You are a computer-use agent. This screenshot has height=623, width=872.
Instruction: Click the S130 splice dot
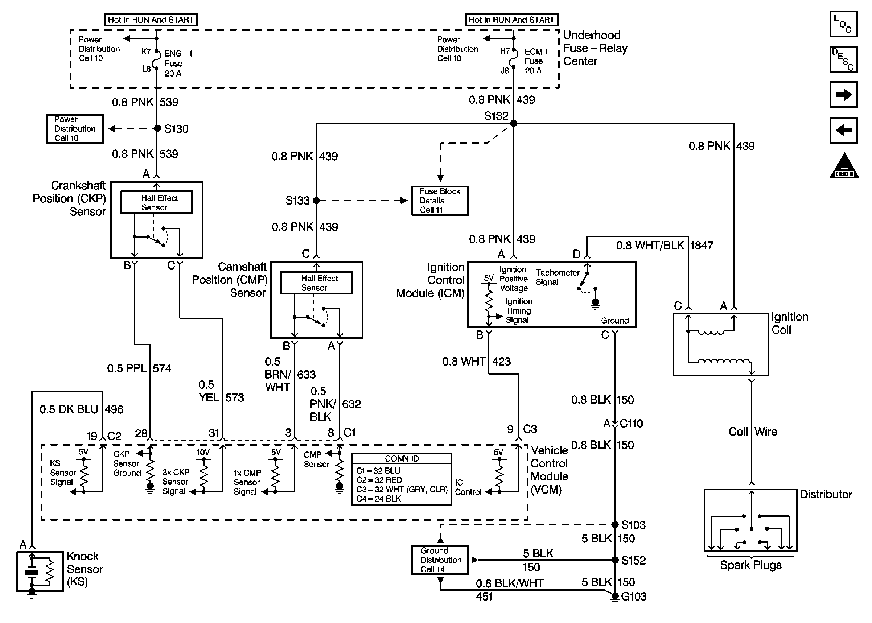coord(157,128)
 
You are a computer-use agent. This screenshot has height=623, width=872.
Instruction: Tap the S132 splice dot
coord(513,124)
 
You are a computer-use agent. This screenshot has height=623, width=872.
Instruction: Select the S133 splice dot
coord(316,200)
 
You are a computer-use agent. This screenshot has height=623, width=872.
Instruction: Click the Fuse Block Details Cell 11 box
coord(440,201)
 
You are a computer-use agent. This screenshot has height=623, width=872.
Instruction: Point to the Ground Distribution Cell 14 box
coord(440,560)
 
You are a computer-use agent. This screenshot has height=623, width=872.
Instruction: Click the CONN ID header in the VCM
coord(401,459)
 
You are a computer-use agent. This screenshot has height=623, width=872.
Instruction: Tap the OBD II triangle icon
coord(844,166)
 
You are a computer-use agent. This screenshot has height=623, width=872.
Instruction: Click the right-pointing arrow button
coord(843,95)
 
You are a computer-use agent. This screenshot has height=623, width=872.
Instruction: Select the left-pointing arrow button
coord(843,130)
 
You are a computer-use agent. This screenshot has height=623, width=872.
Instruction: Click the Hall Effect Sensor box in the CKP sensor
coord(157,202)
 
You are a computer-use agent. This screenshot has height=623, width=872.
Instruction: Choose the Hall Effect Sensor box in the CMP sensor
coord(317,283)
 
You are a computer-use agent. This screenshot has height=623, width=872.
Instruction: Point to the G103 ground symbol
coord(614,597)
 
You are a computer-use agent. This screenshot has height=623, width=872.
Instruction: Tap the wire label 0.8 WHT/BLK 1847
coord(664,246)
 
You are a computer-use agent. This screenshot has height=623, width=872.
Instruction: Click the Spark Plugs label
coord(750,565)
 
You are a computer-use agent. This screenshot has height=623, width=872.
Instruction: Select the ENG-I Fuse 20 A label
coord(178,63)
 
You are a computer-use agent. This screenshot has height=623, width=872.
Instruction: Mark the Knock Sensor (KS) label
coord(85,569)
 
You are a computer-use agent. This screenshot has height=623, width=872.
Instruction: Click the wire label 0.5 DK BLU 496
coord(81,409)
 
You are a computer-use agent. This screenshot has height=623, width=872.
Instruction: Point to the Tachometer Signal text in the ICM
coord(557,277)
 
